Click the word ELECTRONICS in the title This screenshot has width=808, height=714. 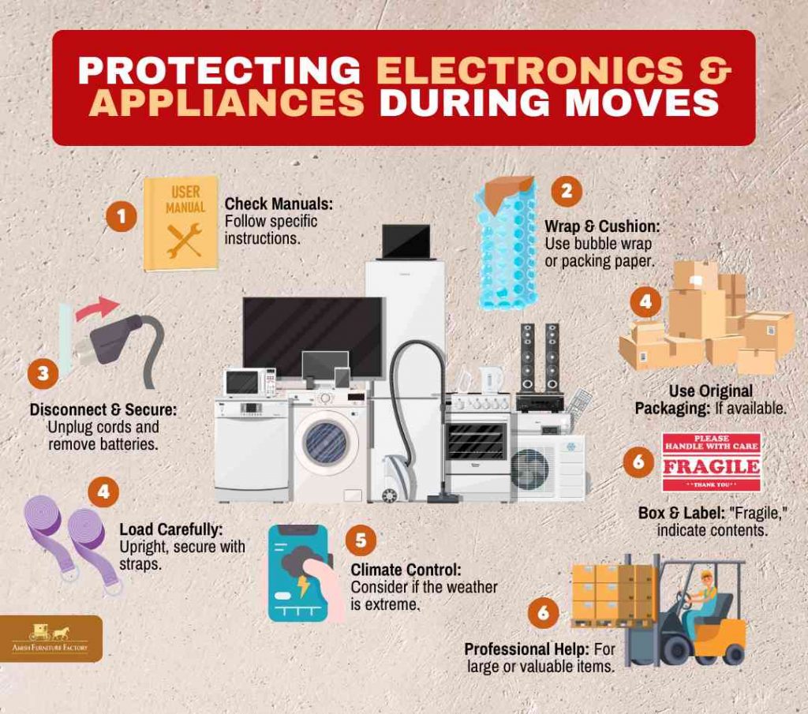tap(529, 69)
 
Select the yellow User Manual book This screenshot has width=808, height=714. tap(181, 224)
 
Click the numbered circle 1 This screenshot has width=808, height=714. tap(121, 216)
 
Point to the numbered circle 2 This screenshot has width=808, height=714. tap(567, 191)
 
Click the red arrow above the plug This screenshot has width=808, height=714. tap(97, 308)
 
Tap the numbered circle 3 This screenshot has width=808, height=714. tap(43, 373)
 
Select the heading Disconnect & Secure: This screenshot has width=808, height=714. tap(103, 410)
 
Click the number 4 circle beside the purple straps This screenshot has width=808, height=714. tap(103, 492)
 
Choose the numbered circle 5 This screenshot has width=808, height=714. tap(361, 540)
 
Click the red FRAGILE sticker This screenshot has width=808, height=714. tap(712, 462)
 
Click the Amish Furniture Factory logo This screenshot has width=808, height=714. tap(50, 639)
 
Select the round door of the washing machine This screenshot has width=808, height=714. tap(327, 442)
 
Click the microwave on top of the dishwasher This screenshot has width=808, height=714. tap(250, 382)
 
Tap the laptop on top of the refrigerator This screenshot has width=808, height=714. tap(406, 242)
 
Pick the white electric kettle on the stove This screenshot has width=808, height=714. tap(491, 380)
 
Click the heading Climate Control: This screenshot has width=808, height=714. tap(406, 570)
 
